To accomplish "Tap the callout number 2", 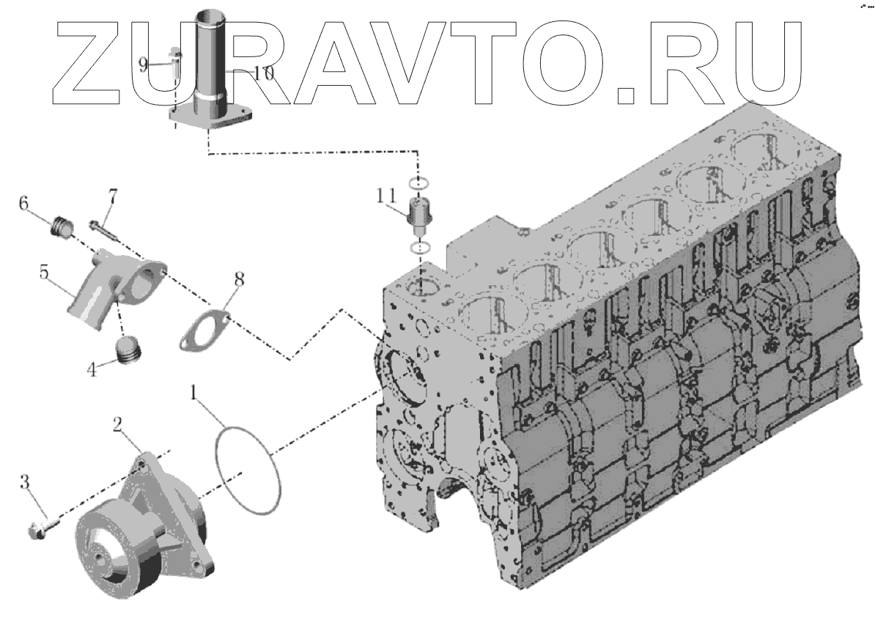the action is pos(117,424).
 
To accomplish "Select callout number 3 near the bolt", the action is pos(25,482).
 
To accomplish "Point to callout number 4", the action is pos(92,370).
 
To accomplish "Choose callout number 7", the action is pos(112,196).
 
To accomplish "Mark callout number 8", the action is pos(240,279).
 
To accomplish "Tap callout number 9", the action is pos(145,64).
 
